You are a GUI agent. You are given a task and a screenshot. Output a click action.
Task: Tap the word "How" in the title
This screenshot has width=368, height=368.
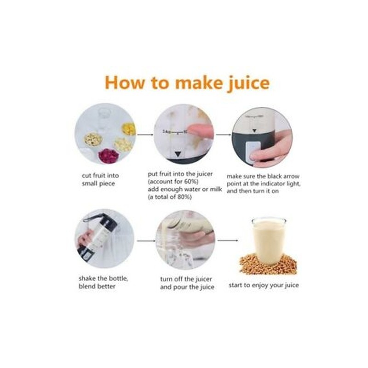(x=124, y=82)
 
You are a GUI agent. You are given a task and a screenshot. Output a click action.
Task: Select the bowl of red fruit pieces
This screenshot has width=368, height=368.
(x=108, y=155)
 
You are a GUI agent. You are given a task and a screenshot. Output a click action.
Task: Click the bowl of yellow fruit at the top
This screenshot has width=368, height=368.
(x=129, y=129)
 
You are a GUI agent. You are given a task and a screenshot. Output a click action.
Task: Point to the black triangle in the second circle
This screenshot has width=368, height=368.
(x=178, y=154)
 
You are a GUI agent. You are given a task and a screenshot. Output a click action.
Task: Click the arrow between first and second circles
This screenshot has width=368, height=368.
(x=145, y=135)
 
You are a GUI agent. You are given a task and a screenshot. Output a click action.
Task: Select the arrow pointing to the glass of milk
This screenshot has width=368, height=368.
(x=228, y=240)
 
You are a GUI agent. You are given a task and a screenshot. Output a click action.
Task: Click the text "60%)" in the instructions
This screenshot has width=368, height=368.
(x=190, y=181)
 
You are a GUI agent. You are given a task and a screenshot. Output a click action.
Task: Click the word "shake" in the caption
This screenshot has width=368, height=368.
(x=87, y=279)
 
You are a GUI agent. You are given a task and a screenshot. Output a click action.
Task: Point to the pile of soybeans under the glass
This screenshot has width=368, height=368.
(x=268, y=264)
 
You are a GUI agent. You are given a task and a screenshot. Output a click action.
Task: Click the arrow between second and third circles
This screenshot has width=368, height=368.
(x=224, y=135)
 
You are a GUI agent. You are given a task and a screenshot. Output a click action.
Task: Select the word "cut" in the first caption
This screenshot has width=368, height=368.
(x=86, y=176)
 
